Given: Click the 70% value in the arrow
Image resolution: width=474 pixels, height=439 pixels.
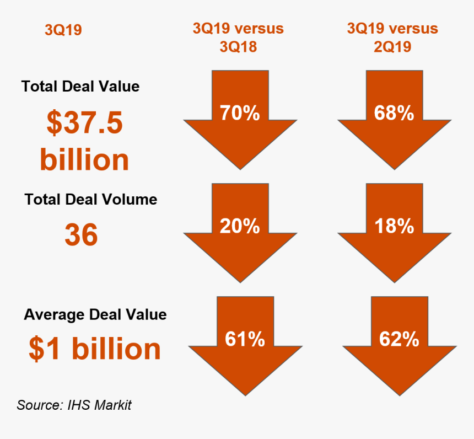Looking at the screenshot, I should [240, 113].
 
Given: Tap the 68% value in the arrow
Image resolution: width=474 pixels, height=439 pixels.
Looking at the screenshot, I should [394, 113].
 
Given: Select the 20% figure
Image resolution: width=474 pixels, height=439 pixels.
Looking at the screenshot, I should [240, 226].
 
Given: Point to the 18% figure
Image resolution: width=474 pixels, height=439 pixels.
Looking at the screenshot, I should [394, 226].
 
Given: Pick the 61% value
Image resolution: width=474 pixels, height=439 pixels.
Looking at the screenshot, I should [245, 339].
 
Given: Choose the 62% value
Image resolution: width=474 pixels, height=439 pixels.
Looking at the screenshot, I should [399, 339].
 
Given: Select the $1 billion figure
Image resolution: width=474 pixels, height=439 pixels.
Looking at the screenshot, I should [95, 349].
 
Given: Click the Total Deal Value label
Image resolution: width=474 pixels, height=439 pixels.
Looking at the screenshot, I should [80, 87].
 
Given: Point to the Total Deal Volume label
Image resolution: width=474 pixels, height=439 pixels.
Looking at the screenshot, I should [91, 199].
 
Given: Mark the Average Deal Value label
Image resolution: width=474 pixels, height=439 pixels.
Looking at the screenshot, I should [95, 314].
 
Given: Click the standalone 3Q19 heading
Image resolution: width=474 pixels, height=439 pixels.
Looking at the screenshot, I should [63, 30].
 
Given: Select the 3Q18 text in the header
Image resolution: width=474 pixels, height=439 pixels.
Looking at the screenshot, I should [238, 47].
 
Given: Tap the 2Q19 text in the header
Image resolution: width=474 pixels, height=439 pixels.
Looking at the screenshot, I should [392, 47].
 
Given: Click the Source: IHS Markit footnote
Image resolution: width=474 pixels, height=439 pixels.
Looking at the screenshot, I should [74, 405].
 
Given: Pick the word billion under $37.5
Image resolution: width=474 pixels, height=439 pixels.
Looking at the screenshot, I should [84, 160].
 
